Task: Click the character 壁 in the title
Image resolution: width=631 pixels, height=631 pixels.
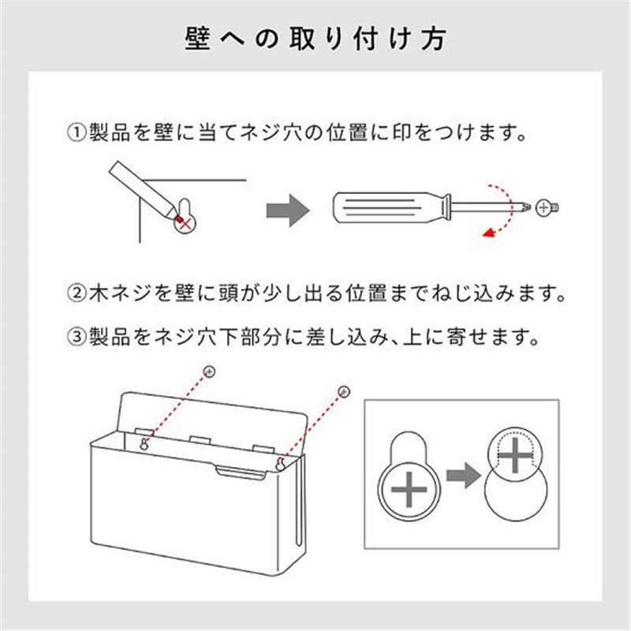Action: pos(198,39)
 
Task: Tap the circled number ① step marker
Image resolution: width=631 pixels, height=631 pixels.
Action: pos(76,133)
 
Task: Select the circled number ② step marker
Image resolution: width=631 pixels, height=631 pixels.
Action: pos(76,293)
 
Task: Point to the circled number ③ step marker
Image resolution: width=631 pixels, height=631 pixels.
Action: pos(76,337)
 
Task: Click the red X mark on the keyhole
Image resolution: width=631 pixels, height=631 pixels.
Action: pos(185,224)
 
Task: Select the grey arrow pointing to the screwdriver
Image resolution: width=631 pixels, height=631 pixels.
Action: pos(288,211)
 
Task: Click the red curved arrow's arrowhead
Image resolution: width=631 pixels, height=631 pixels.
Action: pos(489,233)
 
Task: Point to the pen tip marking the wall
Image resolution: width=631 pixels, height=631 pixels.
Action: pos(177,218)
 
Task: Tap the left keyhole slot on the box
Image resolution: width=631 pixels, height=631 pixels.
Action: pos(144,443)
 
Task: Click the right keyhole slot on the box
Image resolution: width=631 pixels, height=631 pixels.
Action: pos(280,464)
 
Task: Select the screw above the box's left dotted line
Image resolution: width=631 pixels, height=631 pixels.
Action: pos(209,372)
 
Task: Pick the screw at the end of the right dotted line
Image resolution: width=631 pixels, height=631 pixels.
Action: pos(344,391)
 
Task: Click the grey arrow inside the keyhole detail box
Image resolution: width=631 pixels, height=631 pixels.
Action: pos(463,476)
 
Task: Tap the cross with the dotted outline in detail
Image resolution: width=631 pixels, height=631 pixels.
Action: pos(516,455)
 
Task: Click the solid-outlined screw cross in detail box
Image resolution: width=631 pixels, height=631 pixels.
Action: pos(409,490)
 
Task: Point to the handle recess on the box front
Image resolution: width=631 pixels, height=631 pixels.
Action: pos(241,472)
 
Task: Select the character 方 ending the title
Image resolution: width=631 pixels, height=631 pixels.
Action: pos(434,39)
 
